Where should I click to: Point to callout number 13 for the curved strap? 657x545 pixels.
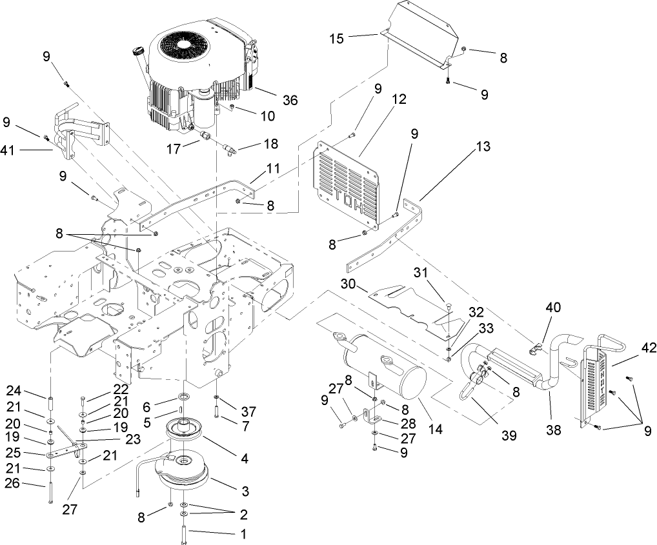(x=481, y=147)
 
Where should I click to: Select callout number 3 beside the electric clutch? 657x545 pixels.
(x=245, y=491)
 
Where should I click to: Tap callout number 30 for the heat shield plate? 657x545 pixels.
(x=349, y=284)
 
